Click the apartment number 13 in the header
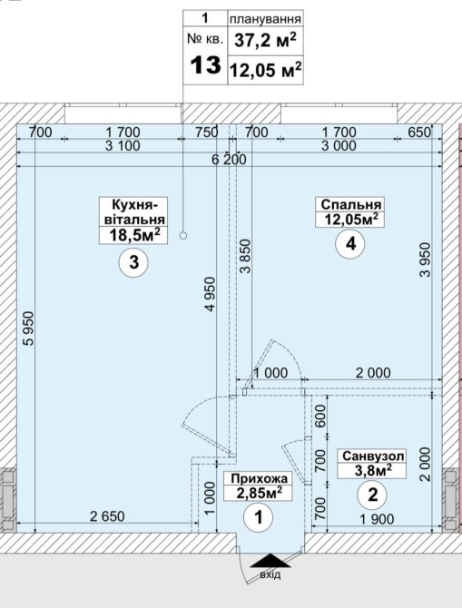205,64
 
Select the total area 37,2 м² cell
266,40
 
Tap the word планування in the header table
265,19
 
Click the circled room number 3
133,262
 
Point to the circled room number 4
350,244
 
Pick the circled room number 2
372,495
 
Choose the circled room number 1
259,517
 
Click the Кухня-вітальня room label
133,211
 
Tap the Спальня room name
351,204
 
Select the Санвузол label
373,456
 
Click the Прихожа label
259,478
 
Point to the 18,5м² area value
133,235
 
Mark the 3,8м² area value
373,470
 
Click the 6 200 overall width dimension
230,159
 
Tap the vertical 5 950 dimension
29,328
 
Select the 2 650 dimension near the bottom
107,516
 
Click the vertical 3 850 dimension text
245,256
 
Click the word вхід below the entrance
270,574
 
